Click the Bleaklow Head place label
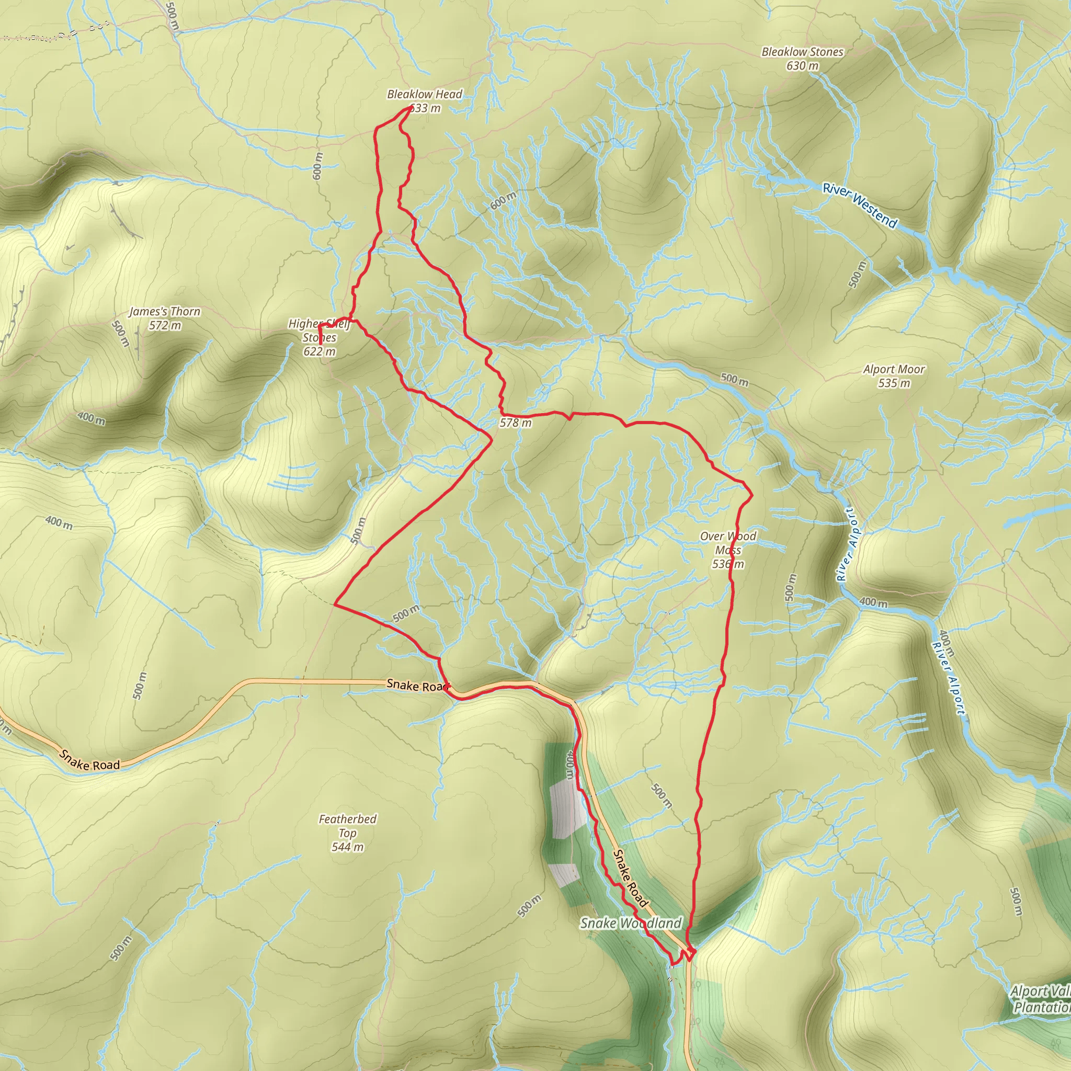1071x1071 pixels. click(x=424, y=94)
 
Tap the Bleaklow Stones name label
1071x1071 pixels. click(x=802, y=52)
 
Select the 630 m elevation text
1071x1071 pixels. click(x=802, y=66)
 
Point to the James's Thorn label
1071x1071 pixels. click(x=164, y=312)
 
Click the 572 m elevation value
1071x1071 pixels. click(x=164, y=325)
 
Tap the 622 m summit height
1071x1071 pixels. click(x=320, y=351)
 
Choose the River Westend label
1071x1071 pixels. click(x=859, y=205)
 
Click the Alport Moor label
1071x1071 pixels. click(x=894, y=369)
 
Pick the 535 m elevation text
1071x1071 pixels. click(x=894, y=383)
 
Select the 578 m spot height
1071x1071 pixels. click(x=515, y=423)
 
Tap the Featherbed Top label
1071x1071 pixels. click(x=347, y=826)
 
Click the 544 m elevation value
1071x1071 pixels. click(x=347, y=847)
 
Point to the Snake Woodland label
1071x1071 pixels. click(x=630, y=923)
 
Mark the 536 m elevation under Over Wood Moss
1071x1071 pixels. click(x=727, y=564)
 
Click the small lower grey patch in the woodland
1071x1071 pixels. click(x=565, y=875)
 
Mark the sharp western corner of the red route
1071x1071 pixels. click(x=335, y=604)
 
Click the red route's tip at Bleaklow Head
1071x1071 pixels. click(x=410, y=108)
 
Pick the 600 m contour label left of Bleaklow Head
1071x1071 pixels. click(x=317, y=166)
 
